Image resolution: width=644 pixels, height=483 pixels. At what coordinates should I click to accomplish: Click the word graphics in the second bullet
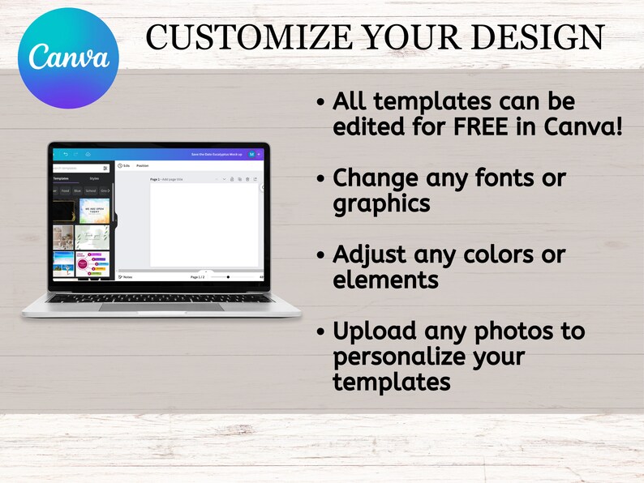click(381, 203)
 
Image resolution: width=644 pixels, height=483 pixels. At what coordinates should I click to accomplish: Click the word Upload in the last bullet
click(377, 331)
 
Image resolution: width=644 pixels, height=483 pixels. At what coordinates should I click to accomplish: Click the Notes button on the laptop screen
click(126, 277)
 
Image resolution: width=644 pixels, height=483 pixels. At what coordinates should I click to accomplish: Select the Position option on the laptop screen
click(142, 165)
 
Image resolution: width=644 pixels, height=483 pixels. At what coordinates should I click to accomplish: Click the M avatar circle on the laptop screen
click(251, 153)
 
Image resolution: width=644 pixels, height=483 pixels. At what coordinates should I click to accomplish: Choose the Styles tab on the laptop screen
click(94, 177)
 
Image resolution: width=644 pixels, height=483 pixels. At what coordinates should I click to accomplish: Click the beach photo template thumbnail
click(63, 264)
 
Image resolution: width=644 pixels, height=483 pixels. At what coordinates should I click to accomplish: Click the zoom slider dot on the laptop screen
click(228, 277)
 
